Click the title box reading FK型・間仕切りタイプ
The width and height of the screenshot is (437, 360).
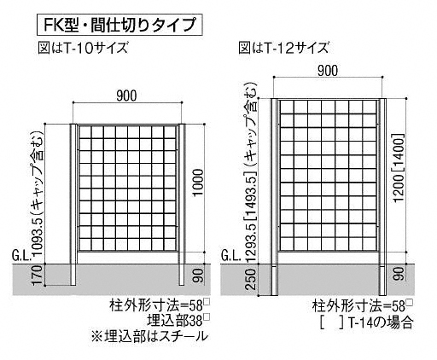[x=119, y=25]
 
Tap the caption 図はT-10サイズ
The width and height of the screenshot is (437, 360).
[x=83, y=48]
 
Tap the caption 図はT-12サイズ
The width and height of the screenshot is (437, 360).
[x=283, y=48]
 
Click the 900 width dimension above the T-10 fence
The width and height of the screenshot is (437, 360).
[x=126, y=96]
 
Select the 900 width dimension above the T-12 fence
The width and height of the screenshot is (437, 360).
[x=328, y=71]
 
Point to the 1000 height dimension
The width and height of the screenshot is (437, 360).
[x=199, y=183]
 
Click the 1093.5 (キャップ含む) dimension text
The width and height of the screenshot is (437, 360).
[x=38, y=193]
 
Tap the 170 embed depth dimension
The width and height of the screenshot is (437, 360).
[x=38, y=275]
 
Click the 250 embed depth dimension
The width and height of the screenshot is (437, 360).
[x=252, y=279]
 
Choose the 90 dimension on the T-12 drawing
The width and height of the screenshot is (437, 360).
[x=400, y=274]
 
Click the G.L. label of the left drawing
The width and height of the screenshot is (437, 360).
[x=21, y=257]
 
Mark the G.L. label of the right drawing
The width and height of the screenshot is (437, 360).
[x=231, y=257]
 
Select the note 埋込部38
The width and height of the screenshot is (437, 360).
[x=178, y=321]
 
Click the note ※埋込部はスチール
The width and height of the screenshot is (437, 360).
[x=149, y=336]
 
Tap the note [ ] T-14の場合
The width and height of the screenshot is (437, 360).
[x=366, y=322]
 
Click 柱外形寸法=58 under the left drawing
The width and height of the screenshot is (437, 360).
[x=160, y=305]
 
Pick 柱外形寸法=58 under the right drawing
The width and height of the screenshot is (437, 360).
[x=363, y=306]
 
